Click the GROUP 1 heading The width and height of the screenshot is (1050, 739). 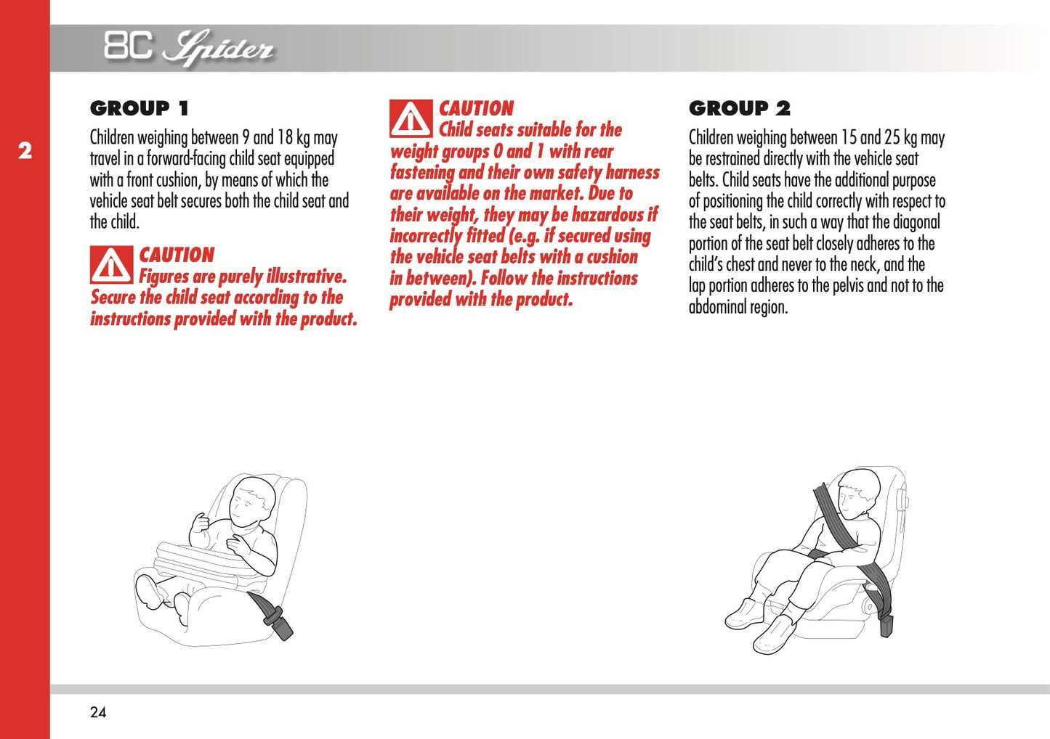[139, 109]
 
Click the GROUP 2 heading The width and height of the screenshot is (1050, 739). [739, 109]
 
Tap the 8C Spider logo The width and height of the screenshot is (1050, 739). [188, 48]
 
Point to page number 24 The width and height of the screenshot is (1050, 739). [98, 712]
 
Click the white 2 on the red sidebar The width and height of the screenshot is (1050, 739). [25, 151]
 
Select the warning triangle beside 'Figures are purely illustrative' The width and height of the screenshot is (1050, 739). [111, 265]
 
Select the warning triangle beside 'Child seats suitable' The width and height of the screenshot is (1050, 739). [411, 119]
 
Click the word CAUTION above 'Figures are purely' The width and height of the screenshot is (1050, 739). [177, 255]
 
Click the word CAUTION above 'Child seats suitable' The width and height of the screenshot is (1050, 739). [476, 108]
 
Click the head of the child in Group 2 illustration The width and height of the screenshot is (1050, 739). [858, 491]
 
